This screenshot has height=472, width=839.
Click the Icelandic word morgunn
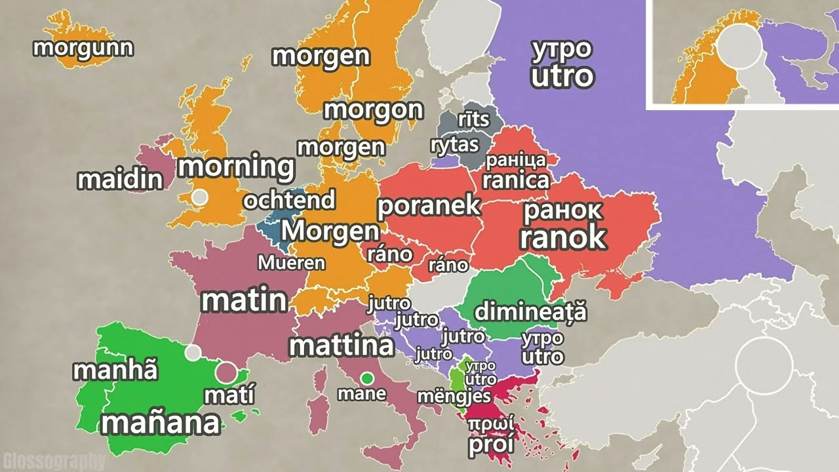pos(83,48)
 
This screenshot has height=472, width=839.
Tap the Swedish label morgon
pos(373,109)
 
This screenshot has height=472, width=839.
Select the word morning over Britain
pos(236,167)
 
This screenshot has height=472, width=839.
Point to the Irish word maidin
pos(120,180)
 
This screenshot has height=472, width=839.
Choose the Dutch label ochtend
pos(289,200)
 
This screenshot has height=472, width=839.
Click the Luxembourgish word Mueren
pos(291,263)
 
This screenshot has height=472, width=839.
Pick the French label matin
pos(244,300)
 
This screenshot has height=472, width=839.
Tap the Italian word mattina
pos(341,345)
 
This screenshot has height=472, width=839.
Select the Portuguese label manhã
pos(115,370)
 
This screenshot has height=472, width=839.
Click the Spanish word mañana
pos(161,423)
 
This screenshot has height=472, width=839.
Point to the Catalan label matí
pos(229,395)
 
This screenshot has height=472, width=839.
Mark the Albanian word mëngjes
pos(454,396)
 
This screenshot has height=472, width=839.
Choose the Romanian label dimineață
pos(530,311)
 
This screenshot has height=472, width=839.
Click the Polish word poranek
pos(429,206)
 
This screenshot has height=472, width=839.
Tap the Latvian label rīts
pos(473,119)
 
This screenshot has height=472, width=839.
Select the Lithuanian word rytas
pos(455,145)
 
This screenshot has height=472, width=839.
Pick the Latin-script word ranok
pos(562,238)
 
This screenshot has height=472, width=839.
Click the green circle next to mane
pos(367,378)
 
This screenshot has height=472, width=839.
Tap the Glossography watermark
pos(54,461)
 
